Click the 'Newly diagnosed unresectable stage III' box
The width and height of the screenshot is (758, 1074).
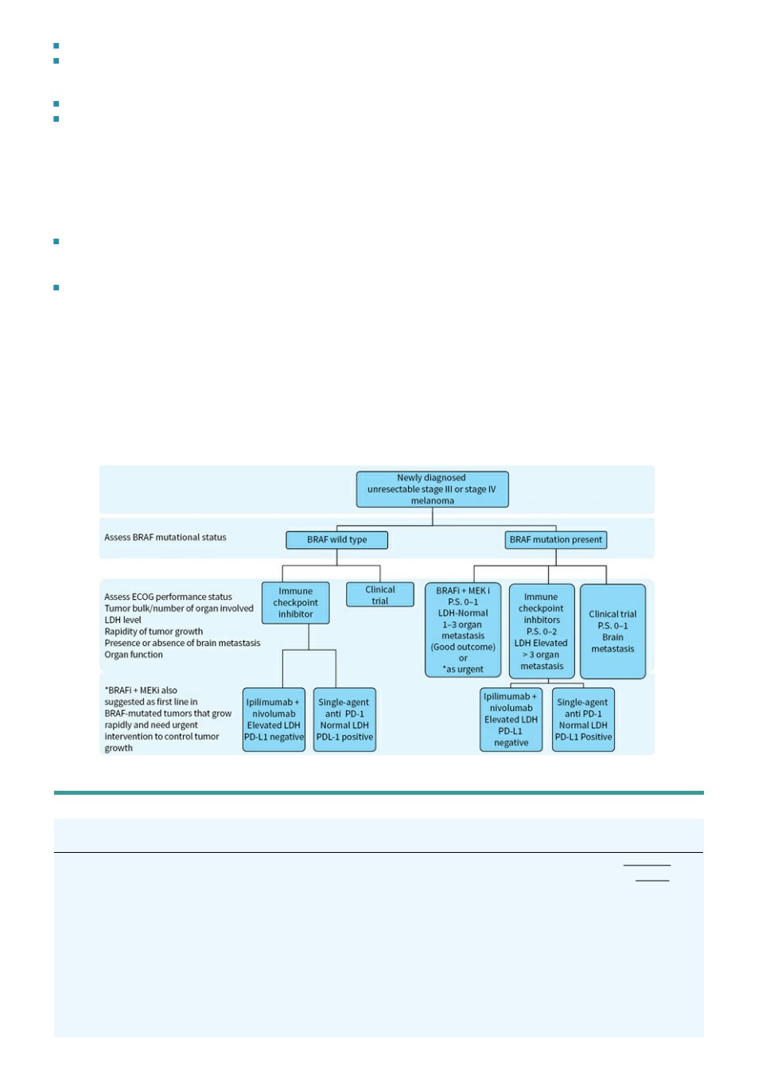(432, 489)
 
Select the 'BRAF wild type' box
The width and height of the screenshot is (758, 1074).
(336, 540)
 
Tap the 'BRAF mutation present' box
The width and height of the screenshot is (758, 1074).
(556, 540)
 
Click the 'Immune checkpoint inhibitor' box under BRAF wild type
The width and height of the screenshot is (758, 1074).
(295, 603)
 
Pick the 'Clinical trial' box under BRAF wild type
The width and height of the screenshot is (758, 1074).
(380, 594)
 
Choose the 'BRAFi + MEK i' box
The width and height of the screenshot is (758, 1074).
(463, 630)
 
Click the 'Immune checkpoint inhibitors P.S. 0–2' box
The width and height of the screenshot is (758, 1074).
(542, 631)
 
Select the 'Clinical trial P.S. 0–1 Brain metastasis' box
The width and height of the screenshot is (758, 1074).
(612, 631)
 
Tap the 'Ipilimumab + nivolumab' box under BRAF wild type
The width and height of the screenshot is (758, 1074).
(274, 719)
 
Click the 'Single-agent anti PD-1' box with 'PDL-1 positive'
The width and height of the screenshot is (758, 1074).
(344, 719)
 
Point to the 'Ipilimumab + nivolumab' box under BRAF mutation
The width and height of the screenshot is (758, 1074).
(511, 719)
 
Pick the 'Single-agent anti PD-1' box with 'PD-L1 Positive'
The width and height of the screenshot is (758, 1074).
(583, 719)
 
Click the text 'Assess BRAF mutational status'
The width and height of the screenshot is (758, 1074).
(165, 538)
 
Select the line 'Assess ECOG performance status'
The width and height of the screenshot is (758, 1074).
(169, 597)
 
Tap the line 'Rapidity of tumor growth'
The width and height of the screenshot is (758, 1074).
(154, 632)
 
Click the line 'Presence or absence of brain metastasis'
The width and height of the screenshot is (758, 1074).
(182, 643)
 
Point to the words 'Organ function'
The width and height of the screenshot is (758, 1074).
(134, 655)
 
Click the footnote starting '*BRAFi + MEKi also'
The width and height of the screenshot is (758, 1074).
(168, 719)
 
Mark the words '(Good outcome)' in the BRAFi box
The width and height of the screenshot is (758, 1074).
(463, 647)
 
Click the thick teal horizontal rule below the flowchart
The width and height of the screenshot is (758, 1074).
(379, 792)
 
